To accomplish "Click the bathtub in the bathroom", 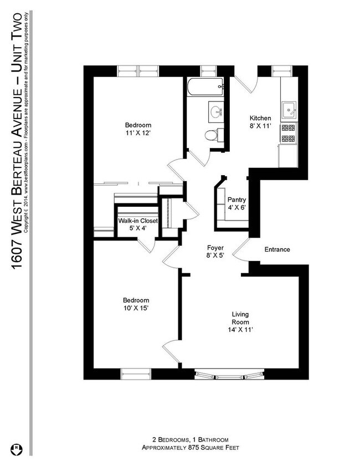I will pos(205,86).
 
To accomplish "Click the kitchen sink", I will pos(289,110).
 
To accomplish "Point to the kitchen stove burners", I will pos(289,133).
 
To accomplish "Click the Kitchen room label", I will pos(260,119).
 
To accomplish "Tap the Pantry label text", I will pos(236,200).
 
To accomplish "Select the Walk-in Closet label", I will pos(138,221).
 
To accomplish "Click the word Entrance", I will pos(277,249).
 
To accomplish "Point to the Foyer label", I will pos(215,248).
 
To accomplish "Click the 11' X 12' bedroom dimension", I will pos(138,133).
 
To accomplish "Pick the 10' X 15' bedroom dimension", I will pos(136,308).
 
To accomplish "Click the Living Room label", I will pos(240,318).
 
